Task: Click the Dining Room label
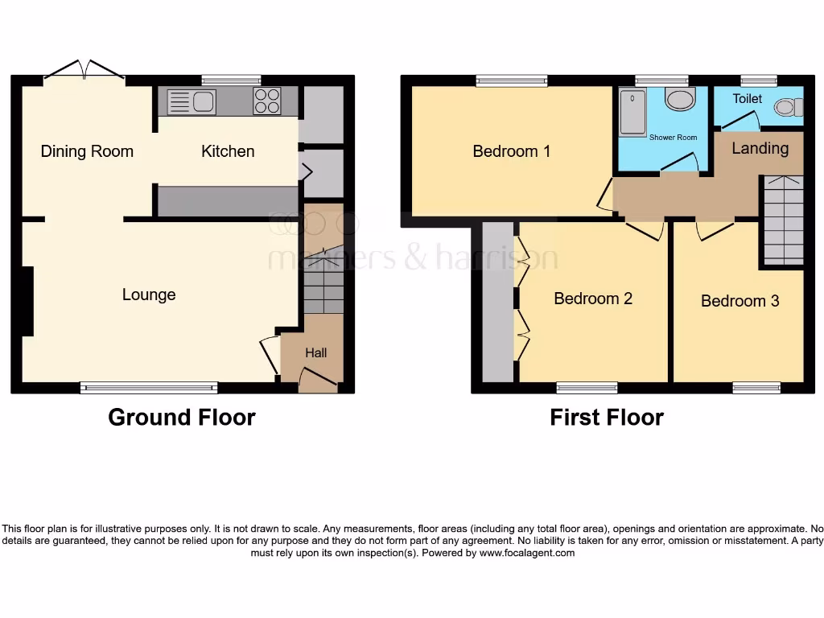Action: [x=87, y=151]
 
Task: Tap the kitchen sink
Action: [x=192, y=102]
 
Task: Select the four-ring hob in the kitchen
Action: [x=267, y=101]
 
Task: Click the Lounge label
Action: [x=149, y=295]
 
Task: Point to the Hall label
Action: [x=316, y=352]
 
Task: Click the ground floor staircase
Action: [x=323, y=282]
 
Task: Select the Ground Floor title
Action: [x=182, y=418]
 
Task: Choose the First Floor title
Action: [x=607, y=418]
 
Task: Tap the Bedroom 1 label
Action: [x=512, y=151]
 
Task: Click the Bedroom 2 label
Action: [x=593, y=299]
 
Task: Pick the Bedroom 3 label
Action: [x=740, y=301]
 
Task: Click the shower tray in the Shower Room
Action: [x=633, y=112]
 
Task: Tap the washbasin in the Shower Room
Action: [x=681, y=100]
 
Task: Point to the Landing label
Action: [x=760, y=148]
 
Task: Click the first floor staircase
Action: [x=783, y=220]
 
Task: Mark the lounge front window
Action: [x=149, y=388]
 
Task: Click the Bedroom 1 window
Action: [x=512, y=80]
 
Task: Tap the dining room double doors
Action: [x=84, y=72]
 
